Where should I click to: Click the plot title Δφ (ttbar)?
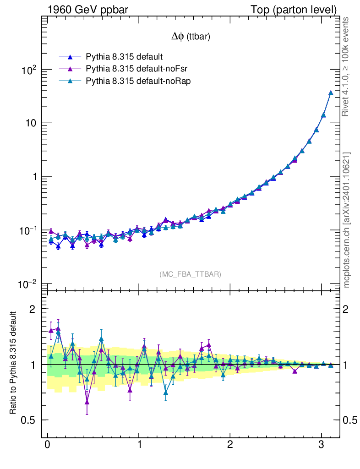coord(191,37)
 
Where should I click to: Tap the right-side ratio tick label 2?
coord(349,309)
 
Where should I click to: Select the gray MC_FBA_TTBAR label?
coord(191,274)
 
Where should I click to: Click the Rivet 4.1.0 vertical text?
coord(347,66)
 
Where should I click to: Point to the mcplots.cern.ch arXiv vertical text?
coord(347,220)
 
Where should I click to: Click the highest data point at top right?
coord(331,93)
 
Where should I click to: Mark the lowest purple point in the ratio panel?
coord(87,402)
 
